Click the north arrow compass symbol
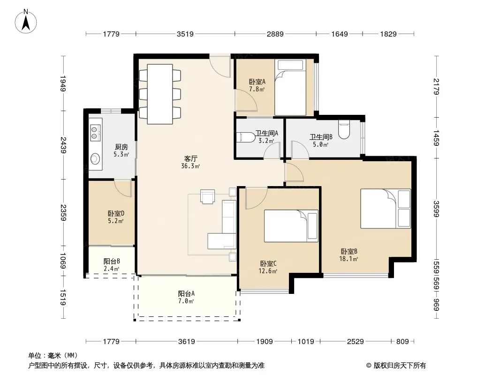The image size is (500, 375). tap(26, 21)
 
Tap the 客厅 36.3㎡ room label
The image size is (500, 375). tap(190, 162)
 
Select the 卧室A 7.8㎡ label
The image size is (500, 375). tap(257, 85)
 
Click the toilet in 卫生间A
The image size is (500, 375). tap(246, 137)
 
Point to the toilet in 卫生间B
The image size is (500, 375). tap(344, 129)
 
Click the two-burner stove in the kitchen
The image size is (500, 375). tap(95, 133)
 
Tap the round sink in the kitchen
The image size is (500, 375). tap(95, 158)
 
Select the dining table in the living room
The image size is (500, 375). tap(160, 94)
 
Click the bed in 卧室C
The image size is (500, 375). tap(291, 226)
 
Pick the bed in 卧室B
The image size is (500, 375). tap(386, 209)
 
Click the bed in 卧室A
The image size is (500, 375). tap(290, 87)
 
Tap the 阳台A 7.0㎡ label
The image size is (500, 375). tap(186, 297)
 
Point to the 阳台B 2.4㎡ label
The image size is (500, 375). tap(112, 265)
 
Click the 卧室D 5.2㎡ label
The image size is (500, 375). tap(116, 217)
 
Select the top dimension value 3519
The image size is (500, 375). tap(185, 34)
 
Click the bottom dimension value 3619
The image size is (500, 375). tap(187, 342)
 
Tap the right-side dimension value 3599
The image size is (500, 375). tap(436, 209)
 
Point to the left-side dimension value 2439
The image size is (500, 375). tap(63, 145)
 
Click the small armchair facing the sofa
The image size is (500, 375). tap(208, 196)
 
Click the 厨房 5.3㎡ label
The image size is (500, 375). tap(121, 150)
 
